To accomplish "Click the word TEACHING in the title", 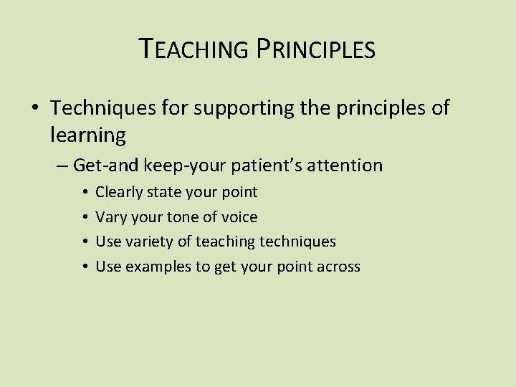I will coord(190,49).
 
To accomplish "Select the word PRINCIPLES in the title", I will coord(312,49).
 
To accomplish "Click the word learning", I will coord(88,134).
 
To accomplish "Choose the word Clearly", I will coord(119,192).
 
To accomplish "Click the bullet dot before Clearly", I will coord(85,193).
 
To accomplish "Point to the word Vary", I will coord(110,217).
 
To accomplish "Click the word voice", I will coord(239,217).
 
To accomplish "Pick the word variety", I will coord(149,242).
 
